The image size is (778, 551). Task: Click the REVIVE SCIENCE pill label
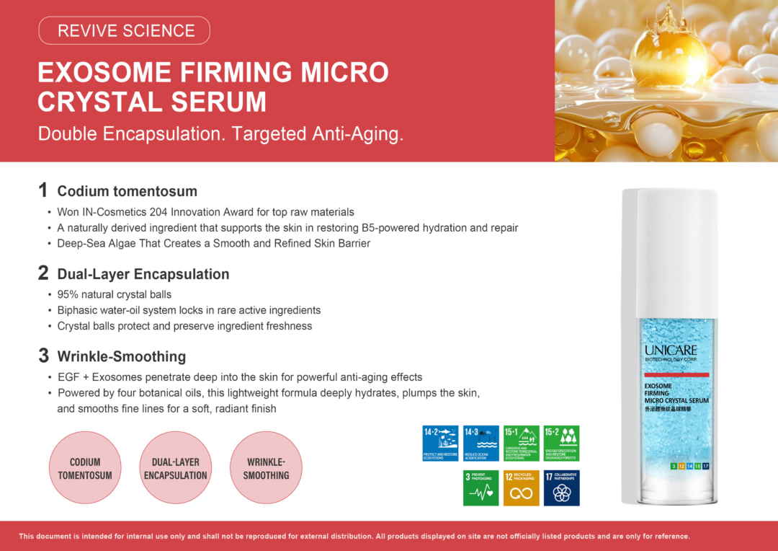point(125,31)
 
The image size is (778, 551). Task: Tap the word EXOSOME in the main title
point(104,73)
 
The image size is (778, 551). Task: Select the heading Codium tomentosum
point(127,191)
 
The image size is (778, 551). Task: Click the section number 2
point(43,273)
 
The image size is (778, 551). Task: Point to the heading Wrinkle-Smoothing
point(121,356)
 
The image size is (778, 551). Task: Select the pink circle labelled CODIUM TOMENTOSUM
point(85,468)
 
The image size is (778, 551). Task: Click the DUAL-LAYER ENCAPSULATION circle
point(175,468)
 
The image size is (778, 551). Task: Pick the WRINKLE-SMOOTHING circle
point(266,468)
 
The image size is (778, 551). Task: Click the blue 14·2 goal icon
point(440,443)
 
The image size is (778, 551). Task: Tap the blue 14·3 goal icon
point(480,443)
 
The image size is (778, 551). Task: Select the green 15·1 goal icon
point(521,443)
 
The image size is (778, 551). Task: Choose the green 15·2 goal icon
point(561,443)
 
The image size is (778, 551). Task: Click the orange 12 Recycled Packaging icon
point(521,488)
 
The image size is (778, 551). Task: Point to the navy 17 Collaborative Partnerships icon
point(561,488)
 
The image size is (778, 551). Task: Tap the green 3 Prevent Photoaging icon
point(480,488)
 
